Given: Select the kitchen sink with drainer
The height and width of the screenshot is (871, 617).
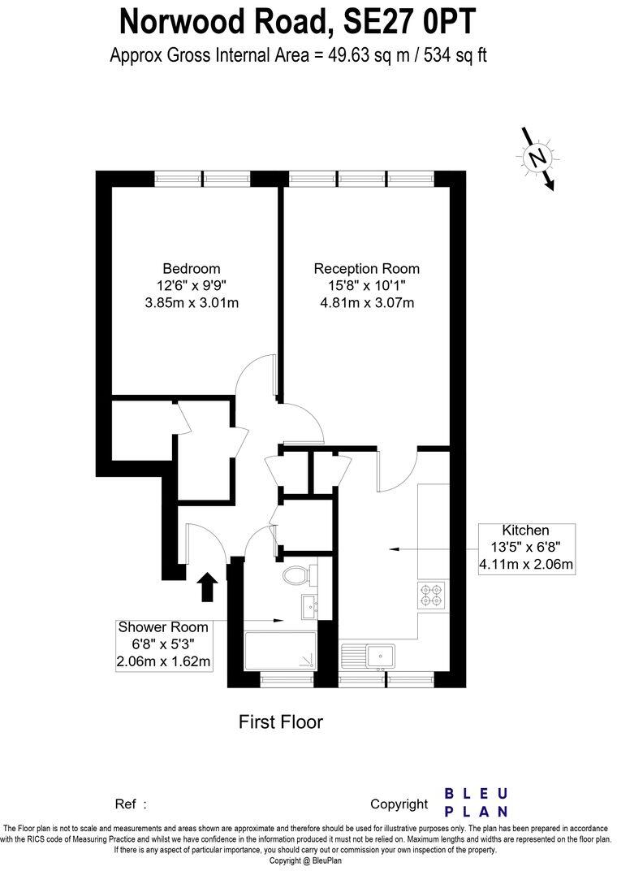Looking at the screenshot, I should pos(370,654).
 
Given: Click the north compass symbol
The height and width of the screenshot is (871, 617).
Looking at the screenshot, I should pos(537,158).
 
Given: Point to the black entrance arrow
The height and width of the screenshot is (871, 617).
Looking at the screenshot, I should pos(208,587).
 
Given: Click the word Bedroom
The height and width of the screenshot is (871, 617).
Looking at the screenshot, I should pos(192,269).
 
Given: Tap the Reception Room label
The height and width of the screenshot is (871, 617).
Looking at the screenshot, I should pos(367,269).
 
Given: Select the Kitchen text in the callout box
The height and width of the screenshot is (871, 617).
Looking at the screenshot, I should pos(525,531).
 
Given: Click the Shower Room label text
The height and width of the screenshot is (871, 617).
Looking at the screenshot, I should pos(163,627).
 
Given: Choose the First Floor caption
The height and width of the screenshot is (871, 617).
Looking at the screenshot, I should pos(280,721).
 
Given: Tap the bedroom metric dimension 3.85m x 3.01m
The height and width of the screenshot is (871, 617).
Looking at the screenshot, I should pos(192,303).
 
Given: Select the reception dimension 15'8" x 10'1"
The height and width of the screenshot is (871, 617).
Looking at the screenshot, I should pos(367,286).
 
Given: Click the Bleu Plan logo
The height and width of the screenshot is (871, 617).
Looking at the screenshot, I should pos(477,802).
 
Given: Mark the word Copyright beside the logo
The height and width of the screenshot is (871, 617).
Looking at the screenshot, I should pos(399,804).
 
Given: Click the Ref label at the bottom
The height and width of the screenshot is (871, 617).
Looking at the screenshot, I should pos(126,804).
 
